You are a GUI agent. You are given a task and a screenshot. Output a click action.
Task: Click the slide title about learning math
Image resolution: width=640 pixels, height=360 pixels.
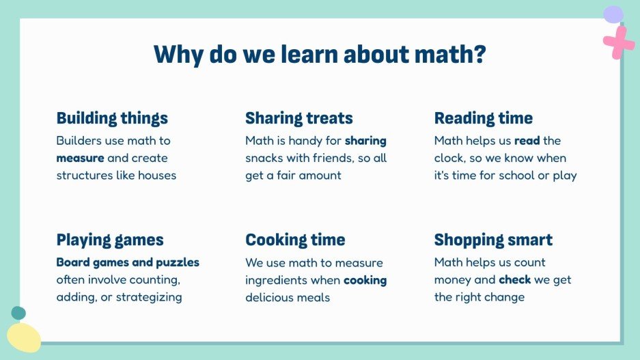(320, 54)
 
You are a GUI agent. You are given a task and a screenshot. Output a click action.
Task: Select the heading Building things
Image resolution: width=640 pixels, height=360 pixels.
(112, 118)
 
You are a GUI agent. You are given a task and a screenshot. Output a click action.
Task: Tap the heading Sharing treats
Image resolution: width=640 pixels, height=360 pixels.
(299, 118)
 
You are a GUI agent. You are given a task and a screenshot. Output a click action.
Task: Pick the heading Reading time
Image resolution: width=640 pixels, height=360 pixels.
(484, 118)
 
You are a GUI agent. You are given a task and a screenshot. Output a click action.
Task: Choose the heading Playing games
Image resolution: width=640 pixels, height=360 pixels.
(110, 240)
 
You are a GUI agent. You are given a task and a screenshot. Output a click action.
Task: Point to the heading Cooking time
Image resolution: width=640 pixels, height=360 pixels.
(295, 240)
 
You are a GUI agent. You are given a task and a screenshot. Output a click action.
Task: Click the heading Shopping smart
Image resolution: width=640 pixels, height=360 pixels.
(493, 240)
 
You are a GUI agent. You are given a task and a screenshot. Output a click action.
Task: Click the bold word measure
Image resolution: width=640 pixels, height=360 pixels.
(80, 158)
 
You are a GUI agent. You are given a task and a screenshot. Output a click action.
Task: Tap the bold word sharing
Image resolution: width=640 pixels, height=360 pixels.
(365, 141)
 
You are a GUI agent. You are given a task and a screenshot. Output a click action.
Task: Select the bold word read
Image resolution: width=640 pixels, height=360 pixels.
(527, 141)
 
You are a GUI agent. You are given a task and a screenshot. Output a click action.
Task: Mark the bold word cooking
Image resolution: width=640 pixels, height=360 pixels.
(365, 280)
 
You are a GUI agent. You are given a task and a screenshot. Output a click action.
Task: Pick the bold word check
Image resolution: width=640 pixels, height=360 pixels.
(515, 279)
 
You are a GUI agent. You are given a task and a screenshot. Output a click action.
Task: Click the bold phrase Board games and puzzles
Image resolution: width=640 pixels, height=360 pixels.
(128, 262)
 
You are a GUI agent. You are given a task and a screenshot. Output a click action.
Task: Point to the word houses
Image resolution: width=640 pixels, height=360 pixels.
(157, 175)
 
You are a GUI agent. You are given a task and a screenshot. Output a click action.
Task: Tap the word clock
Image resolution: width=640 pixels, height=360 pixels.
(450, 158)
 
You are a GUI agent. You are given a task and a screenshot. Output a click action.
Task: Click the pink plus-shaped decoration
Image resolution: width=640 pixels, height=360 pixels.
(619, 42)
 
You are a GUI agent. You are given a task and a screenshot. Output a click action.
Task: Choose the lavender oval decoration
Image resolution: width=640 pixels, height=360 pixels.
(613, 14)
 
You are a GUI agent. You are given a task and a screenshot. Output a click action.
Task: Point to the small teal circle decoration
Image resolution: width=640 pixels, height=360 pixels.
(18, 313)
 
